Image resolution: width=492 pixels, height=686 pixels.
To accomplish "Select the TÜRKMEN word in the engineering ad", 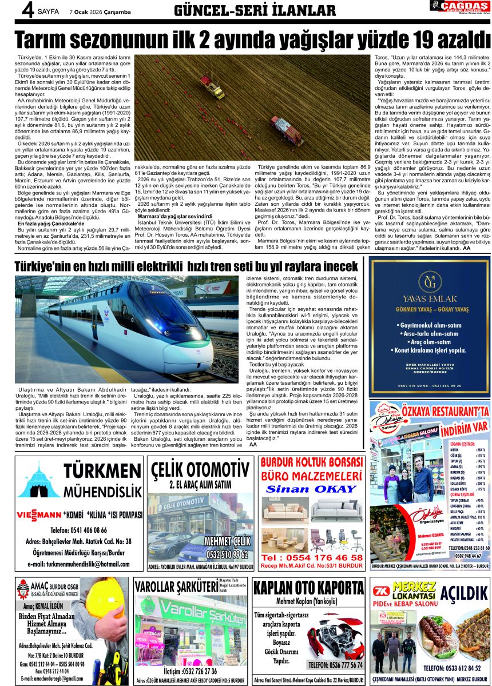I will [x=102, y=471].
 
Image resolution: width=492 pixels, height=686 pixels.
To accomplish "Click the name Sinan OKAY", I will [x=311, y=489].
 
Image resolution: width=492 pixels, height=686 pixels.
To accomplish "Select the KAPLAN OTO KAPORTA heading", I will [x=308, y=588].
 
